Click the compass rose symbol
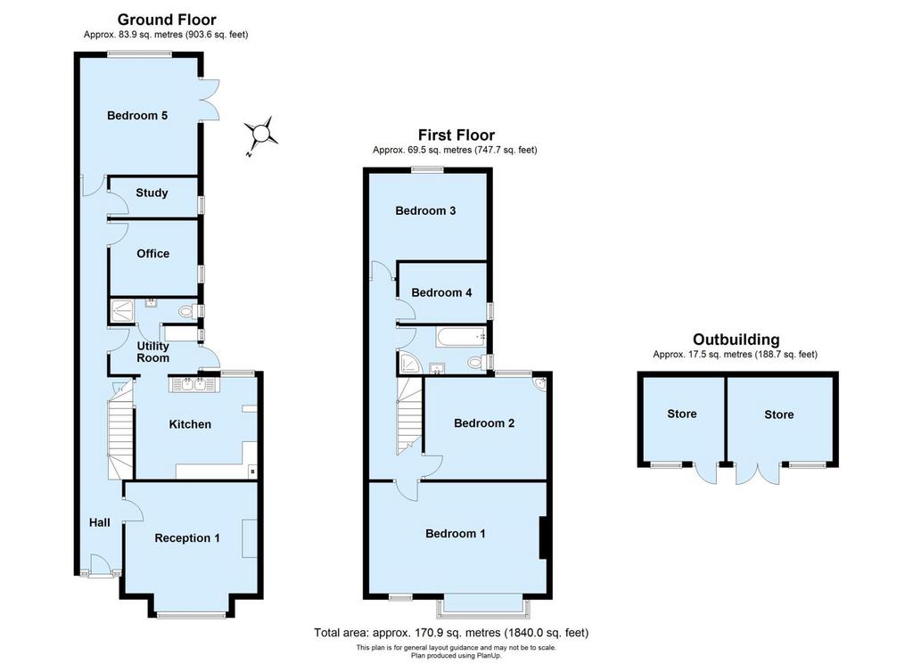pyautogui.click(x=260, y=135)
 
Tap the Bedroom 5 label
pyautogui.click(x=137, y=115)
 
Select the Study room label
pyautogui.click(x=152, y=193)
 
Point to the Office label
pyautogui.click(x=153, y=253)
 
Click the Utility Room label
pyautogui.click(x=153, y=351)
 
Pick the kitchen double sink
pyautogui.click(x=193, y=385)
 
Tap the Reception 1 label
pyautogui.click(x=187, y=537)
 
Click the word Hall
pyautogui.click(x=100, y=522)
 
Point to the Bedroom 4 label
pyautogui.click(x=441, y=292)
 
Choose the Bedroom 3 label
pyautogui.click(x=425, y=210)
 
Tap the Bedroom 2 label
pyautogui.click(x=484, y=423)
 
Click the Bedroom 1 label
pyautogui.click(x=456, y=534)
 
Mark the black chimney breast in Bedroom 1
pyautogui.click(x=543, y=537)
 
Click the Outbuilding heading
pyautogui.click(x=736, y=340)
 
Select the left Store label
pyautogui.click(x=682, y=414)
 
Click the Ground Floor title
pyautogui.click(x=167, y=20)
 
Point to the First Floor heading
pyautogui.click(x=456, y=135)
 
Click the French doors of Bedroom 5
pyautogui.click(x=210, y=99)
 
